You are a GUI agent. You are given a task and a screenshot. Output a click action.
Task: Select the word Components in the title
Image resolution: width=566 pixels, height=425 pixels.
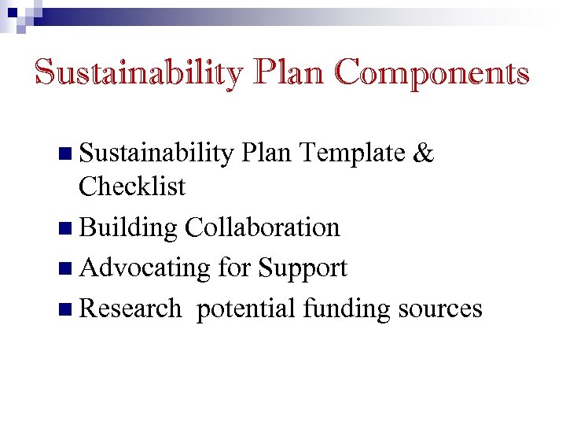tap(432, 73)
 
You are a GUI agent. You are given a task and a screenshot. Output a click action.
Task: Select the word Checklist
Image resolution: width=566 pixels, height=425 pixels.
tap(132, 187)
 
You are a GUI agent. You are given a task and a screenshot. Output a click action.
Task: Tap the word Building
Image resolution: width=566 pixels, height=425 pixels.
tap(129, 227)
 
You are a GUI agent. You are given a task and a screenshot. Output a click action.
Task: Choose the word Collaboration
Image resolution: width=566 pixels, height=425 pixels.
tap(263, 227)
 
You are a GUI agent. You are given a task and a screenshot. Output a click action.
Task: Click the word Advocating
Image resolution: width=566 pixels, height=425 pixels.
tap(145, 268)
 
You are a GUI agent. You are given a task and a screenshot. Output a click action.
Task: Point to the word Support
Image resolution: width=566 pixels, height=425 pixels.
tap(302, 268)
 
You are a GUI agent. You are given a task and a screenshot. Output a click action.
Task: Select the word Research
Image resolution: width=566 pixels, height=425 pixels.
tap(130, 309)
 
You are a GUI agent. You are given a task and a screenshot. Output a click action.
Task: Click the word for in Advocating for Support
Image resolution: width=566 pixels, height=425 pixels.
tap(233, 268)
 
